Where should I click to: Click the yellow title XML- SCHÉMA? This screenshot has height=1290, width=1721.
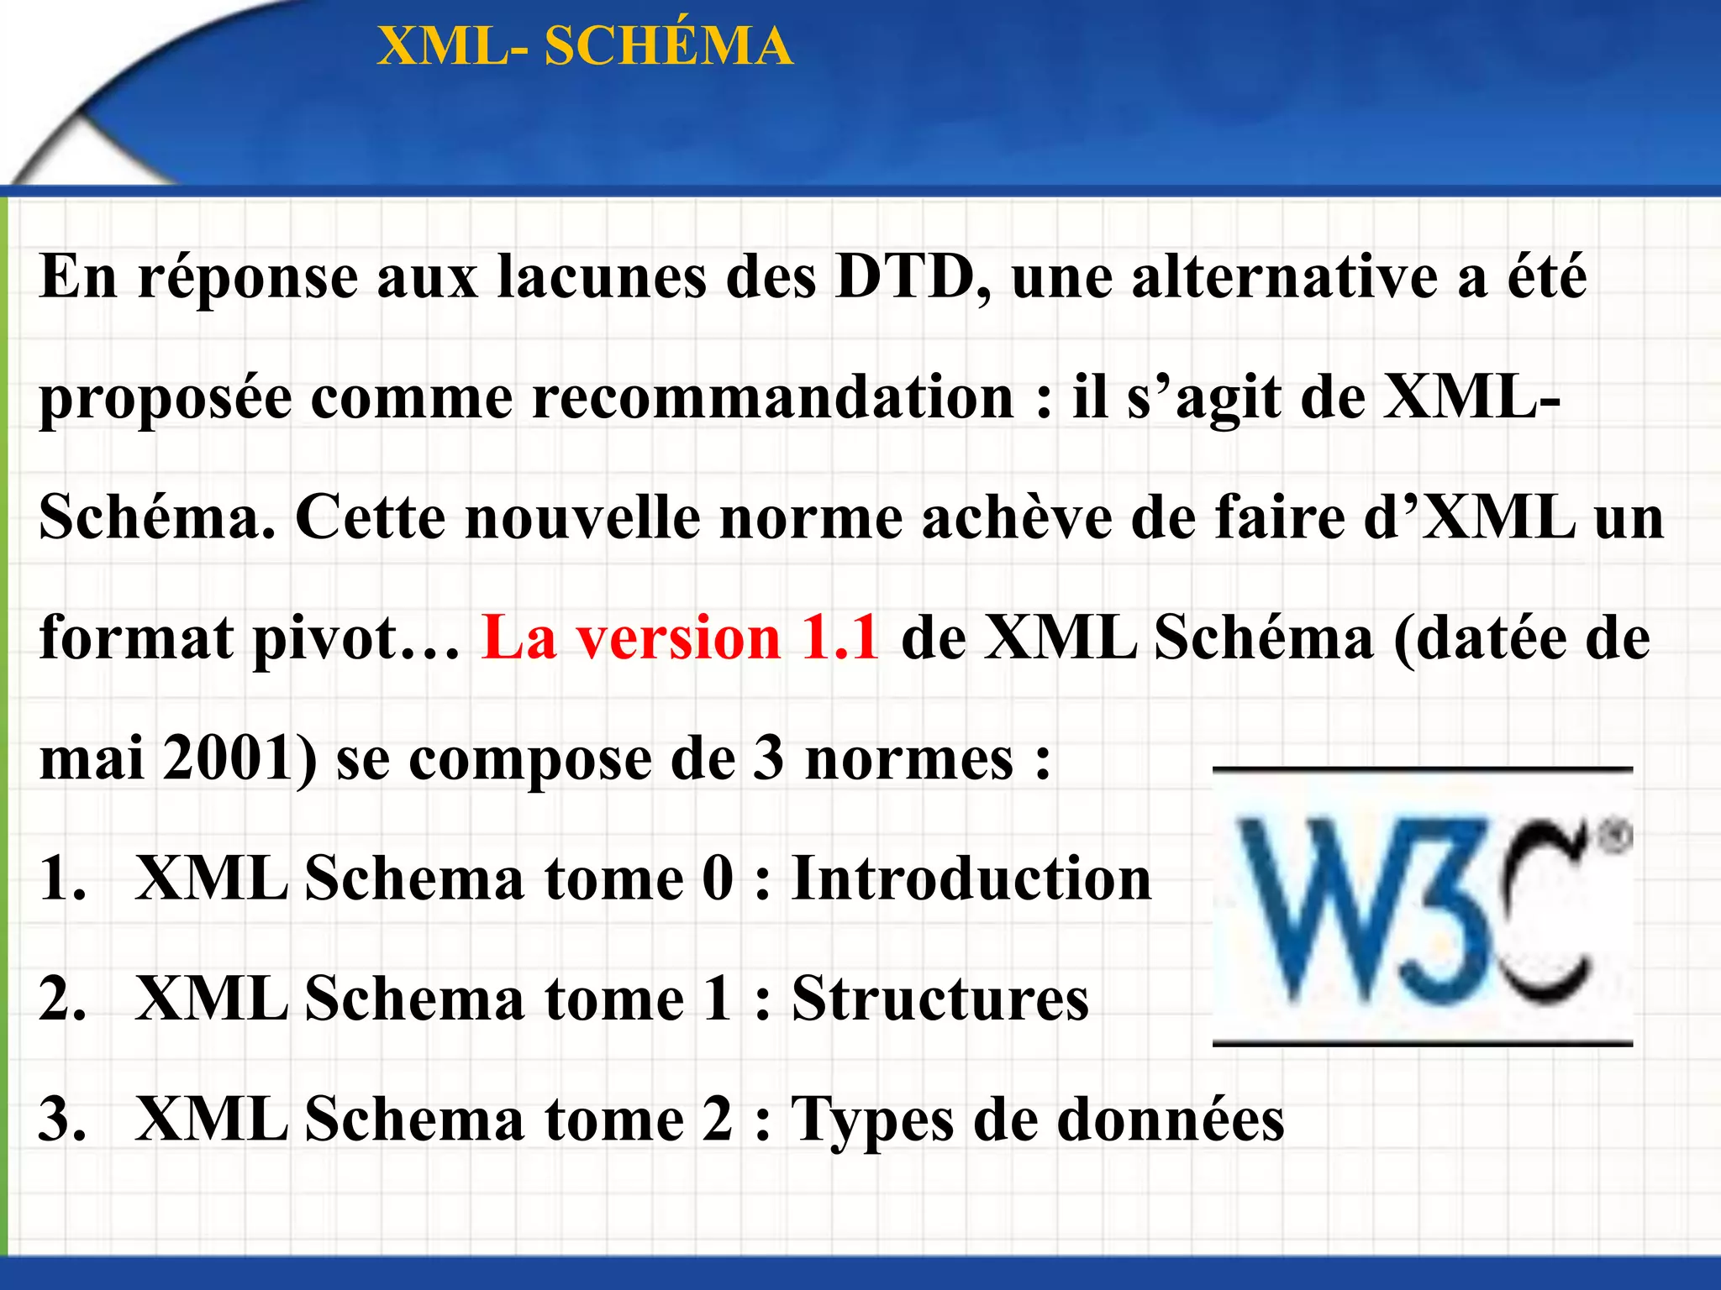tap(585, 45)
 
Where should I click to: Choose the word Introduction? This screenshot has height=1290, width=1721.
tap(971, 878)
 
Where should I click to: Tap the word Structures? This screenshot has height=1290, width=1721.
tap(939, 999)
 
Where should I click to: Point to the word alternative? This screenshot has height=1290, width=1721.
tap(1284, 276)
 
